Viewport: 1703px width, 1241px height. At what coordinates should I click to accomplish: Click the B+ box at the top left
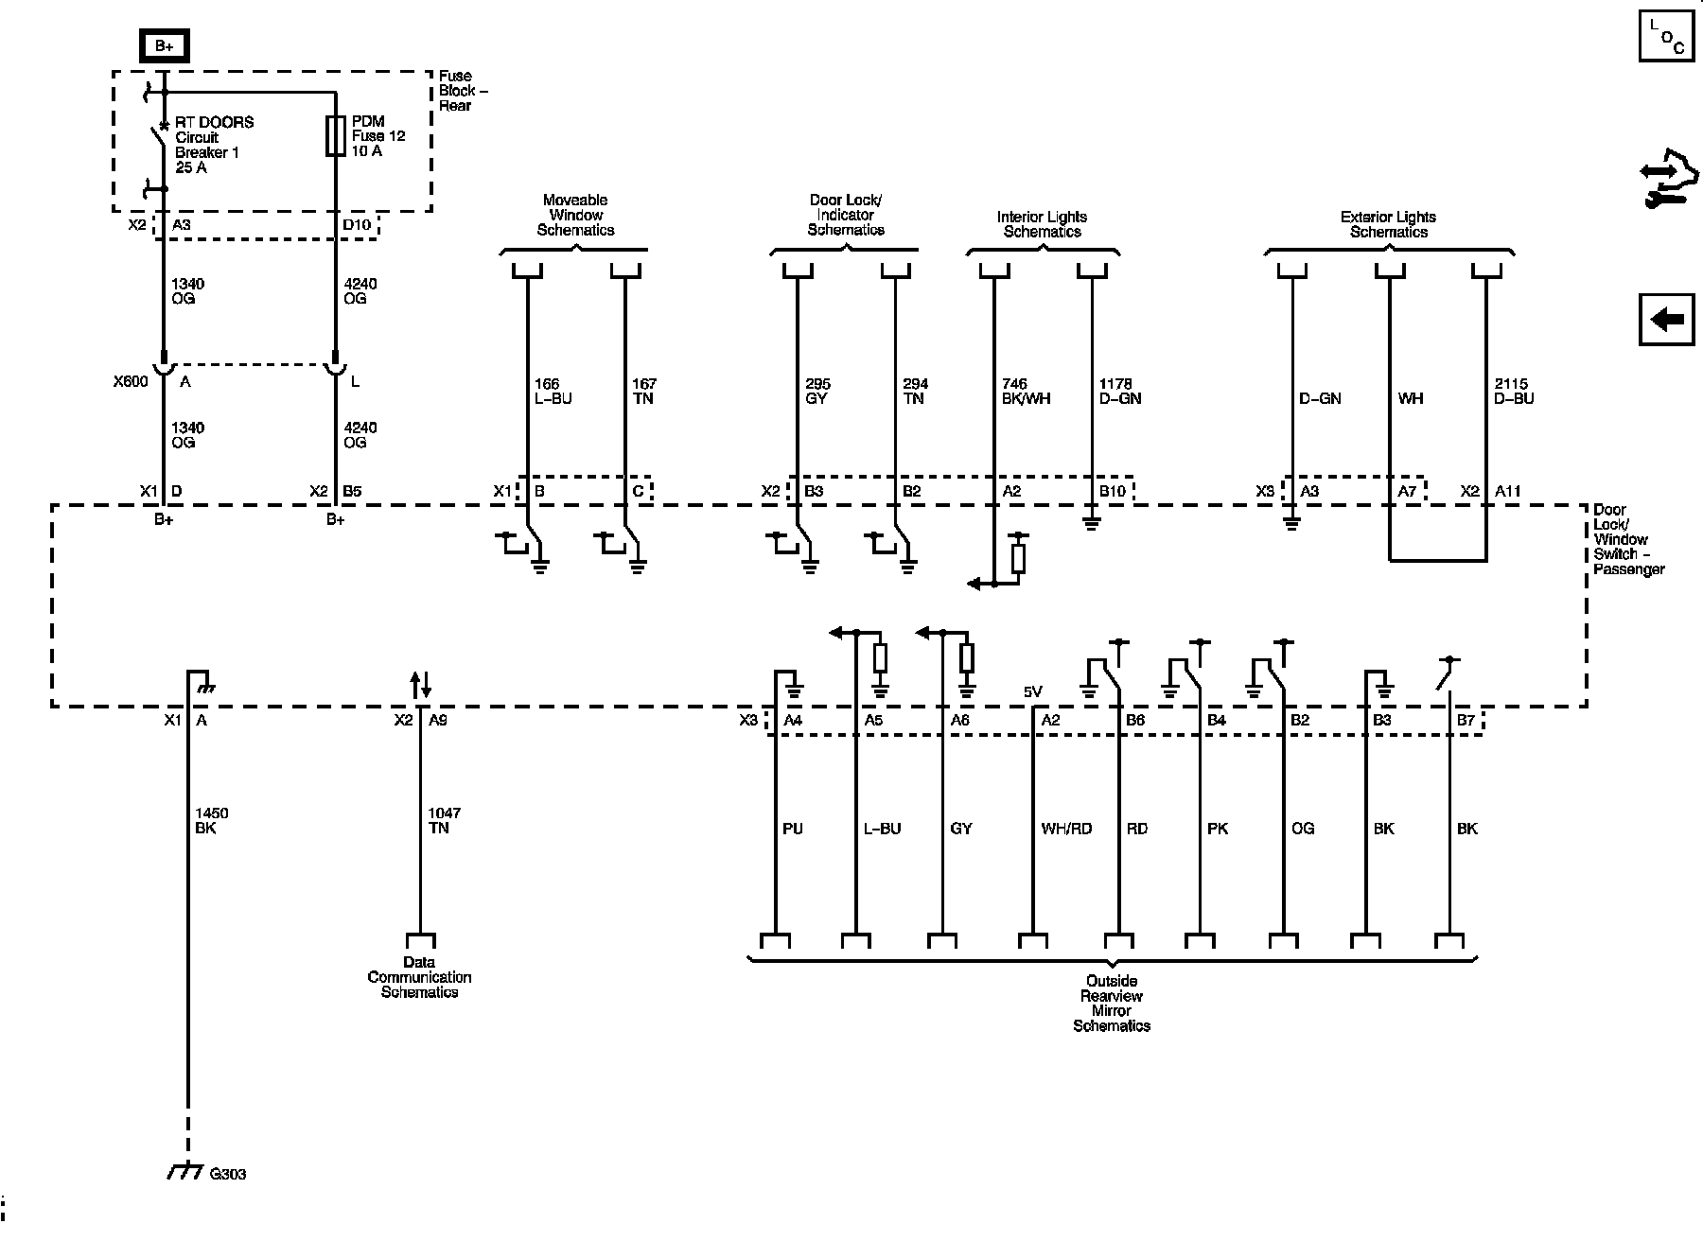[x=164, y=45]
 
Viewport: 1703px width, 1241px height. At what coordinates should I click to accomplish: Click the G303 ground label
[x=227, y=1174]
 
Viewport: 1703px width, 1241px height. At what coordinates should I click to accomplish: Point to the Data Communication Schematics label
[x=419, y=977]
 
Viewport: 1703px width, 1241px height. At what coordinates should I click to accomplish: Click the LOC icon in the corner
[x=1666, y=37]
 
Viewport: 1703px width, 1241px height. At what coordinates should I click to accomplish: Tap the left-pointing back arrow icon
[x=1666, y=320]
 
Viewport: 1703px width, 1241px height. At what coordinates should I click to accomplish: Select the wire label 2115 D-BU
[x=1514, y=391]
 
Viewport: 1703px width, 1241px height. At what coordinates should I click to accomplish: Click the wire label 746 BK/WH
[x=1026, y=391]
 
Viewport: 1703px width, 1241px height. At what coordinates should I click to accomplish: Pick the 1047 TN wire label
[x=445, y=820]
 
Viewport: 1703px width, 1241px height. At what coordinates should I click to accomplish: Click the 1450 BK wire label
[x=211, y=820]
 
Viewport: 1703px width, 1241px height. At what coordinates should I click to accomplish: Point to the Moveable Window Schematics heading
[x=575, y=215]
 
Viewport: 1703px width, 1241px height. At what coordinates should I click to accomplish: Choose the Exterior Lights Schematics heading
[x=1388, y=224]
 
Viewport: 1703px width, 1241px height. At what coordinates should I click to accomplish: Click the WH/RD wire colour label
[x=1066, y=829]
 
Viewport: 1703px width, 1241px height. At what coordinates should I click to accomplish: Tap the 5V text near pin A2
[x=1032, y=691]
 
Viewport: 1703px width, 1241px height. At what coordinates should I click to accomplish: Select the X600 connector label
[x=130, y=382]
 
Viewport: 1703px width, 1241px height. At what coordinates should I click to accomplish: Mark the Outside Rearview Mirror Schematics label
[x=1112, y=1003]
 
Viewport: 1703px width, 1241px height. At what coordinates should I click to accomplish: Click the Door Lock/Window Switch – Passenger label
[x=1628, y=539]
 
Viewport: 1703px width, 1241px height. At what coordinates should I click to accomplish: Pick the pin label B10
[x=1112, y=491]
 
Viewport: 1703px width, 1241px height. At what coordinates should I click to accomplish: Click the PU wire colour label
[x=793, y=829]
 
